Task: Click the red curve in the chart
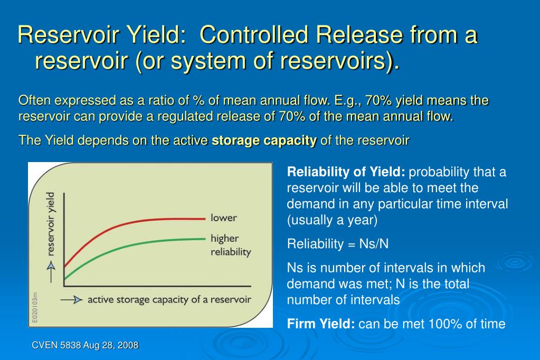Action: point(132,222)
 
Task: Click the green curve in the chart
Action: point(132,247)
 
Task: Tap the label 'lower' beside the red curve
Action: point(224,217)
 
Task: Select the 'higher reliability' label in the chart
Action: point(231,245)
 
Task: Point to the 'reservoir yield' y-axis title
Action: point(51,224)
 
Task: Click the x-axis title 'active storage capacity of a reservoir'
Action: point(169,299)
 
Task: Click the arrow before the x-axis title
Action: point(72,300)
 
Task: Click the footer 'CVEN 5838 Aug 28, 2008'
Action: point(85,345)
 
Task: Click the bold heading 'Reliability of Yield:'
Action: point(346,173)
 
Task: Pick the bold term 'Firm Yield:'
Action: point(321,324)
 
